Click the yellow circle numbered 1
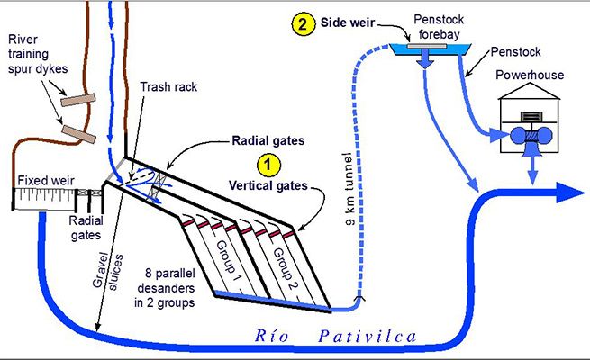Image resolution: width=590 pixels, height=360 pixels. point(267,164)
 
